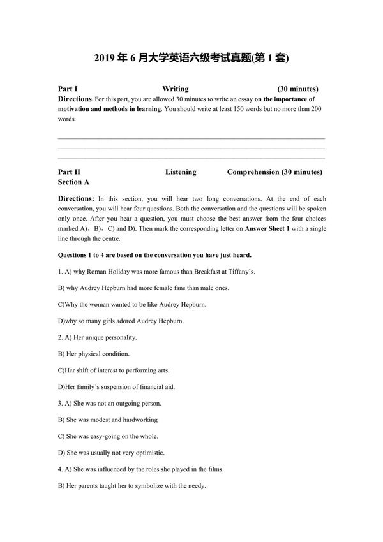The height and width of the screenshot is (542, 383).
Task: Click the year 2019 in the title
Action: [x=104, y=59]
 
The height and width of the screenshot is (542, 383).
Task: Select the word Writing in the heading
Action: [x=175, y=89]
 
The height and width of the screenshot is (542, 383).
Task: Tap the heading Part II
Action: [x=69, y=172]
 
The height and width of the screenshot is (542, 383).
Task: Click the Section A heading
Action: [x=73, y=182]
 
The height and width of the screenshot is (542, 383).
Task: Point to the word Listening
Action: [x=181, y=172]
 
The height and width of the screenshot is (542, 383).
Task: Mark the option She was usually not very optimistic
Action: [x=111, y=453]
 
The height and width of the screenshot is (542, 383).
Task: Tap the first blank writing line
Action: [x=191, y=137]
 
